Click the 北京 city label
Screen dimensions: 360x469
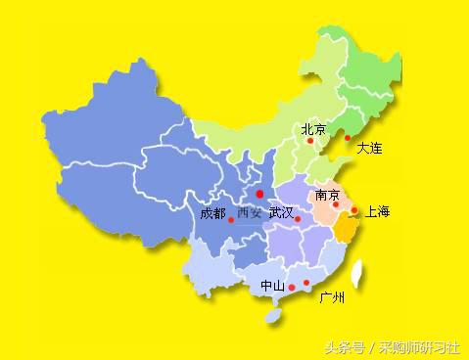313,129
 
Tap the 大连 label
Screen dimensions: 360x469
369,149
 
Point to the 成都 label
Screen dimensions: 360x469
211,212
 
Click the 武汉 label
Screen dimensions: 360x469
280,212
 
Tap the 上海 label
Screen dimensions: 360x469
377,211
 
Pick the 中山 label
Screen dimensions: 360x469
271,286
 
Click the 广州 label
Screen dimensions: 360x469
332,296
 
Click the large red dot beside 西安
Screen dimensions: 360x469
259,194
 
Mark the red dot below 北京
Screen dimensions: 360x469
310,141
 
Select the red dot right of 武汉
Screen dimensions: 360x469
297,219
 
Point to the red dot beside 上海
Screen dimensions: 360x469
353,209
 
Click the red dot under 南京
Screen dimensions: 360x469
335,204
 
